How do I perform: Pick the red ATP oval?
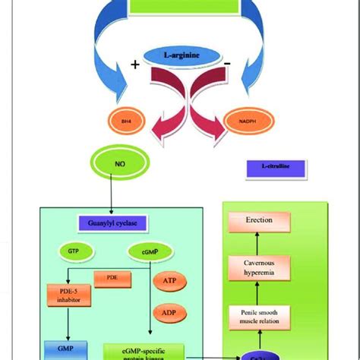click(169, 282)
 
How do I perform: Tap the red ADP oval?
click(169, 311)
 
